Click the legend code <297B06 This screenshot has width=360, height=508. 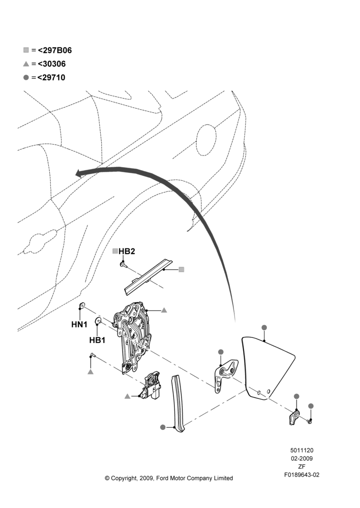[55, 50]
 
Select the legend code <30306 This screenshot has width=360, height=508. [52, 64]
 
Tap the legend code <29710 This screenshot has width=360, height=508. [51, 77]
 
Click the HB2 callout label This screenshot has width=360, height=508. [127, 251]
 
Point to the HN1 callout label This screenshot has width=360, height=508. [79, 324]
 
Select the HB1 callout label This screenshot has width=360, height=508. [97, 340]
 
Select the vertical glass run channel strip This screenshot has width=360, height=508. [178, 403]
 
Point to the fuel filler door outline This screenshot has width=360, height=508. [206, 138]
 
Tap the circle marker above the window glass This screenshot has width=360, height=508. [264, 328]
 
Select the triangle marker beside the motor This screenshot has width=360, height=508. [128, 396]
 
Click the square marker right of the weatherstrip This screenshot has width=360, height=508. [182, 270]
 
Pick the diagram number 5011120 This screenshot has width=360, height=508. [302, 450]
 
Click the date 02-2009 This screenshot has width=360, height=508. [302, 458]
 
